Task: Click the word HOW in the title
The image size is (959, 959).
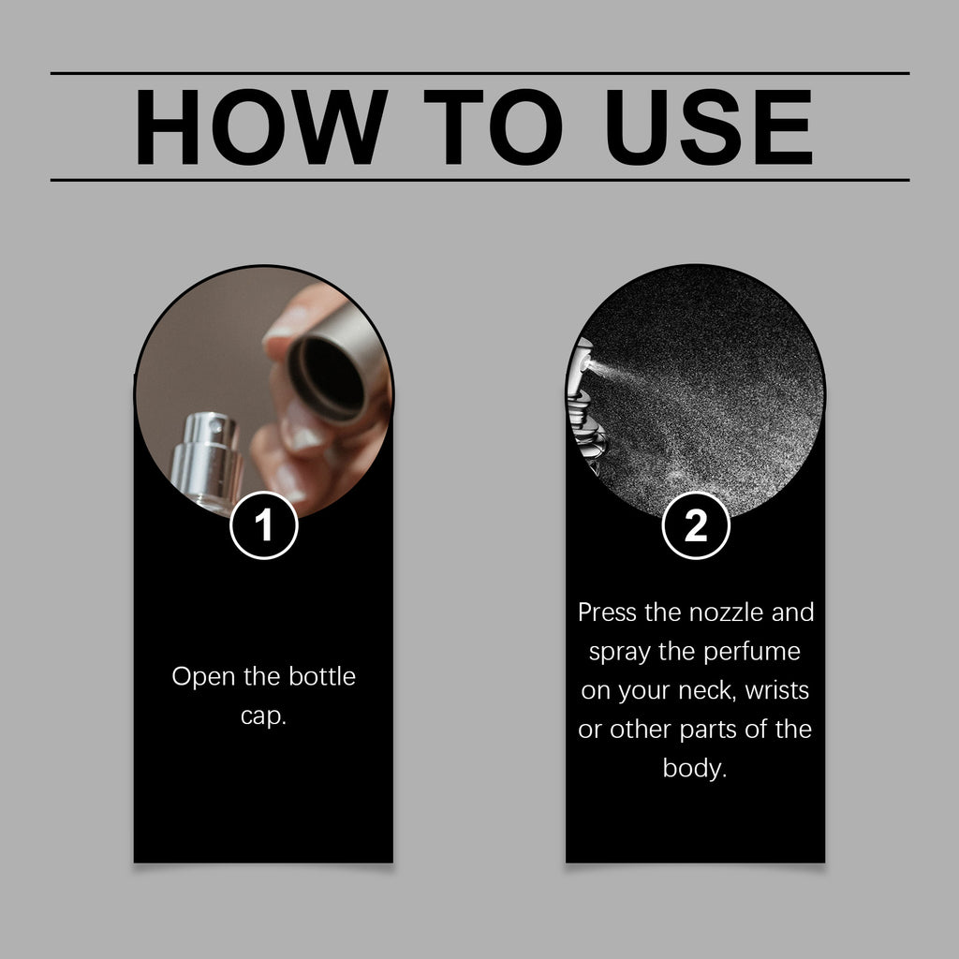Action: point(261,126)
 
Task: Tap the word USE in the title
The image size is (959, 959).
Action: point(709,126)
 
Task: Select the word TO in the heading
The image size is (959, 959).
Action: point(493,126)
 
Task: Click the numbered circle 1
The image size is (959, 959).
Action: point(263,525)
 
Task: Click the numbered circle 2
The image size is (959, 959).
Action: point(696,525)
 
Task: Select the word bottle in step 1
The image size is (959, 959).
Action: point(322,676)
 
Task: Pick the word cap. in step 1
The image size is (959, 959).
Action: point(263,716)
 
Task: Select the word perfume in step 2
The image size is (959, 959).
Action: point(752,652)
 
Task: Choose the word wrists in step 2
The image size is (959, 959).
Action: point(776,690)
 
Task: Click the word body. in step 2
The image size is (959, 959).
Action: point(695,769)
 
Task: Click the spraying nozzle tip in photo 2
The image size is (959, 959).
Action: point(586,364)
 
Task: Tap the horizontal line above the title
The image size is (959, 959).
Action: point(479,73)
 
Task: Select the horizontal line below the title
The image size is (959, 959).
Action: point(479,181)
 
